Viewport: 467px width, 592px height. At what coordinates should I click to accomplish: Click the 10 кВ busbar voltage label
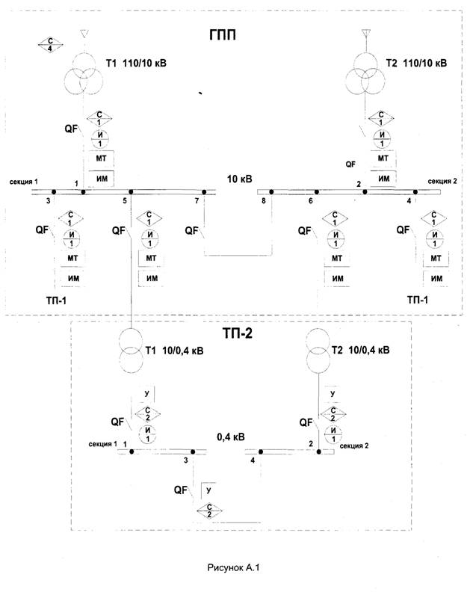click(x=240, y=180)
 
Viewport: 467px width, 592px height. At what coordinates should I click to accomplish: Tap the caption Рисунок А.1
click(x=232, y=569)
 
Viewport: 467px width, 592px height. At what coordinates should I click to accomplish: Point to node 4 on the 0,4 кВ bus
click(x=253, y=461)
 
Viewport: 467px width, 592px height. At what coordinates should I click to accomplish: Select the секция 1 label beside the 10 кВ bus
click(x=24, y=182)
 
